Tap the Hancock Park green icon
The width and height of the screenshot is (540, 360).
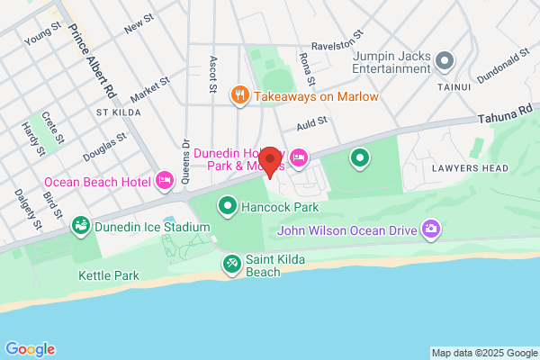[228, 206]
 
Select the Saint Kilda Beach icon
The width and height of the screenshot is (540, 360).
[231, 263]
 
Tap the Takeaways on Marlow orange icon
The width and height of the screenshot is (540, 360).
[239, 95]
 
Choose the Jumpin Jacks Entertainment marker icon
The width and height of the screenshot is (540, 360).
[443, 62]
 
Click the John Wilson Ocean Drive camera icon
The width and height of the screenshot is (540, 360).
[432, 229]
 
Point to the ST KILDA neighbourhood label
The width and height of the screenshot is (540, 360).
[115, 112]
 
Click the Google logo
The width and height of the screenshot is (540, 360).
[30, 349]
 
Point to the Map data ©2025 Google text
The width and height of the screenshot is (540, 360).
[483, 353]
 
